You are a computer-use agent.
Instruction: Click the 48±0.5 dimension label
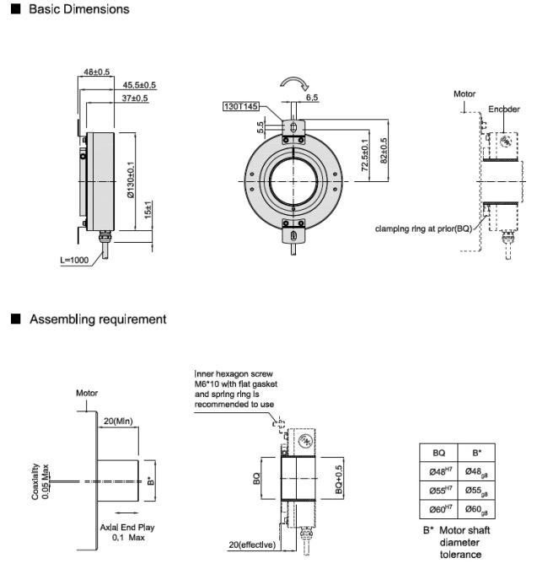pos(97,72)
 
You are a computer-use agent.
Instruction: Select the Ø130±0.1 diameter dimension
pos(130,180)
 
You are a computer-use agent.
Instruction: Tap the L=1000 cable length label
pos(74,260)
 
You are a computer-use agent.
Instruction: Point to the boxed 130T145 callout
pos(241,106)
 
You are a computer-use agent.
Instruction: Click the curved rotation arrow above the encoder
pos(294,83)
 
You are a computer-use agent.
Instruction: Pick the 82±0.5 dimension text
pos(384,151)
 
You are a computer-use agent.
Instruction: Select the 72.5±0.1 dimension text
pos(365,155)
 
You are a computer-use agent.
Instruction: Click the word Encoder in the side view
pos(504,110)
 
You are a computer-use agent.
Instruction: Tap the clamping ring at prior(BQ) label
pos(424,228)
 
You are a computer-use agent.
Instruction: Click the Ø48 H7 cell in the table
pos(438,471)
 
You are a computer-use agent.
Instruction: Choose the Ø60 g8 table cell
pos(476,509)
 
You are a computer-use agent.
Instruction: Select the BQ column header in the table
pos(438,453)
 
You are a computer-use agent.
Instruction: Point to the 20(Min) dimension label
pos(118,421)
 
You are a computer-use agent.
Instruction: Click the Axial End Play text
pos(127,527)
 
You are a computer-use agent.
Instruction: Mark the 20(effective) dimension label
pos(252,545)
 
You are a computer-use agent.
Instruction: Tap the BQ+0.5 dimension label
pos(338,480)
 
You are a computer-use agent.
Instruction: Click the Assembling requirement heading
pos(98,319)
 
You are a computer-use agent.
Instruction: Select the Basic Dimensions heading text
pos(79,9)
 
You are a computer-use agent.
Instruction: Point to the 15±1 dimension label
pos(148,210)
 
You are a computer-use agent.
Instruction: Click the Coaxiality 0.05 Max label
pos(40,481)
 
